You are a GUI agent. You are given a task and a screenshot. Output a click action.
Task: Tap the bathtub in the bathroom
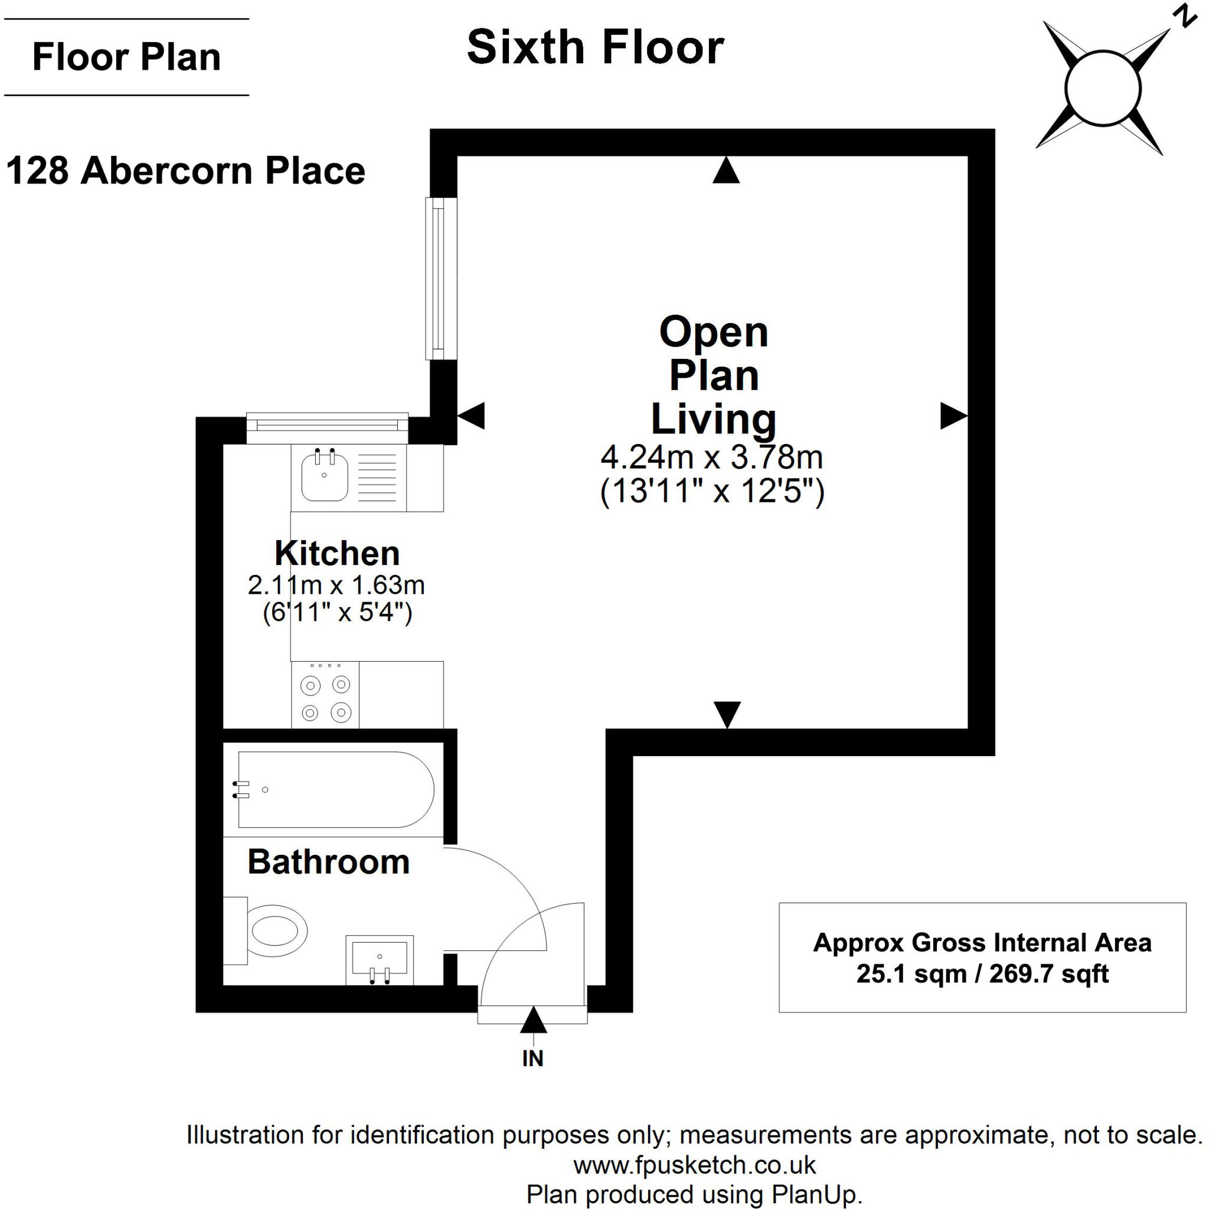point(335,790)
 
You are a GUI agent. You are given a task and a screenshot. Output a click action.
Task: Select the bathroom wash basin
point(379,958)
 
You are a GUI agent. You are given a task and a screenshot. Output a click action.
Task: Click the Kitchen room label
point(336,553)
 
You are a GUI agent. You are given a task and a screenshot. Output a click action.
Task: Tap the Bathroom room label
point(329,862)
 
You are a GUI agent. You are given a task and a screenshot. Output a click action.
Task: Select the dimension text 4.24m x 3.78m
point(711,458)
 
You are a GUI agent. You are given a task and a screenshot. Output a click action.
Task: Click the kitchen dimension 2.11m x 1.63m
point(336,585)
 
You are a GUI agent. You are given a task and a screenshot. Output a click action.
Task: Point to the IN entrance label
point(532,1059)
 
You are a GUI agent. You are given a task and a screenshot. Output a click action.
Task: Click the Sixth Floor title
point(595,48)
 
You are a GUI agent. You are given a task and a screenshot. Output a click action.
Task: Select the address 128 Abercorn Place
point(185,171)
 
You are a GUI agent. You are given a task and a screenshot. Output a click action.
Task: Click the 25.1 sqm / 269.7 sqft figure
point(982,973)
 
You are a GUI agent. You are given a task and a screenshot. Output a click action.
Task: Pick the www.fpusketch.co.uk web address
point(694,1165)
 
